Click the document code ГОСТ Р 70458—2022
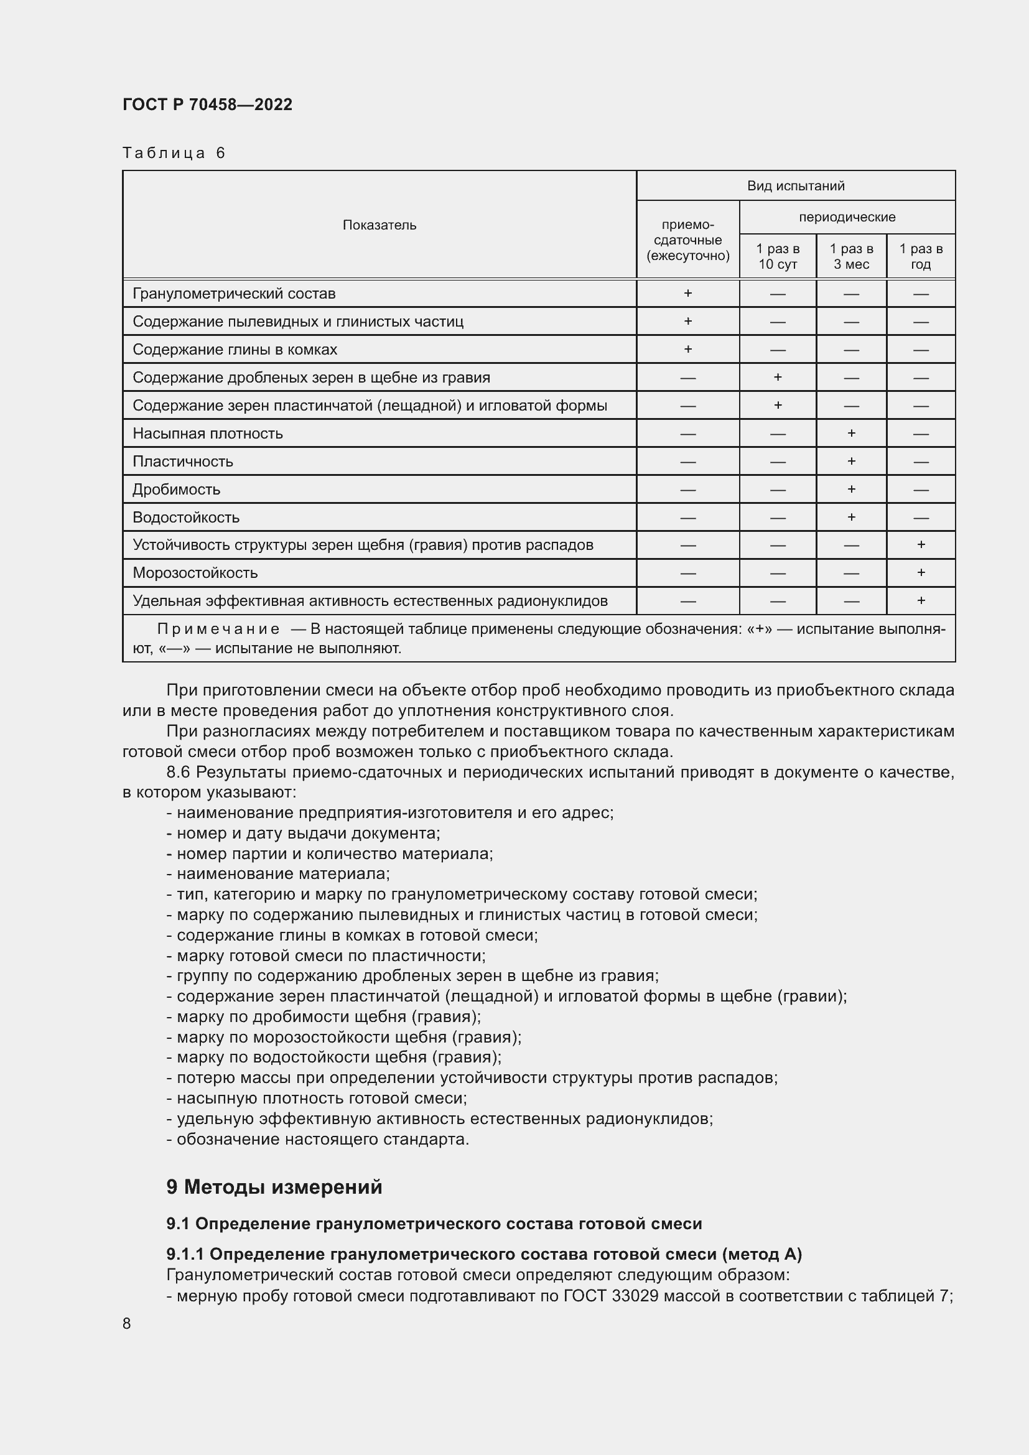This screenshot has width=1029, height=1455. point(207,105)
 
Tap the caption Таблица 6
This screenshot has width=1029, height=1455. point(174,153)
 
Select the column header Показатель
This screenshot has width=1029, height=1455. point(379,225)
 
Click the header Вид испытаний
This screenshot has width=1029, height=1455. point(795,185)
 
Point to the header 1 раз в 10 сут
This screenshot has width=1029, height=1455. point(778,257)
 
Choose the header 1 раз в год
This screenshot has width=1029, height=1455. point(921,257)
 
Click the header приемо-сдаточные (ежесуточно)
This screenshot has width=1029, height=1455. point(687,240)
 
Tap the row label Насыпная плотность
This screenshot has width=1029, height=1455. point(207,434)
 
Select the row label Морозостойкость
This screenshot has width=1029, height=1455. point(195,573)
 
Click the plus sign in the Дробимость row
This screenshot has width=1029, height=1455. point(851,489)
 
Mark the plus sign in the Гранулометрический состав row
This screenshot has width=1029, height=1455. point(687,294)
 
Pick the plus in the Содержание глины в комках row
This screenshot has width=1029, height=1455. point(687,349)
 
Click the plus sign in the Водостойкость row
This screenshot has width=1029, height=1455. point(851,517)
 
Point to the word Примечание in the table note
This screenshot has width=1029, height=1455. point(218,629)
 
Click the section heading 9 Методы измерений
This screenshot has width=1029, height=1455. point(274,1186)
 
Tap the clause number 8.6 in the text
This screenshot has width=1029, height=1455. point(178,772)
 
